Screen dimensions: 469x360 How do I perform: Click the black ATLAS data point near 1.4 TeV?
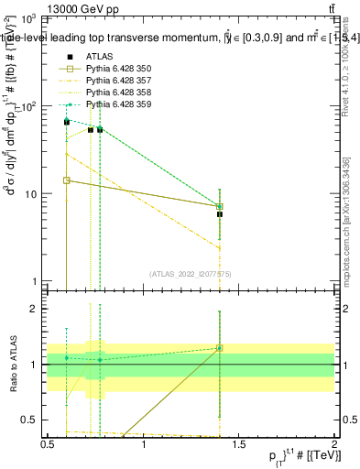(x=220, y=213)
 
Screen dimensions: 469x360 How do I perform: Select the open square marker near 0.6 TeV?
(x=67, y=180)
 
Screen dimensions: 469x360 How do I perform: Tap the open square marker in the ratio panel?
(x=220, y=348)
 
